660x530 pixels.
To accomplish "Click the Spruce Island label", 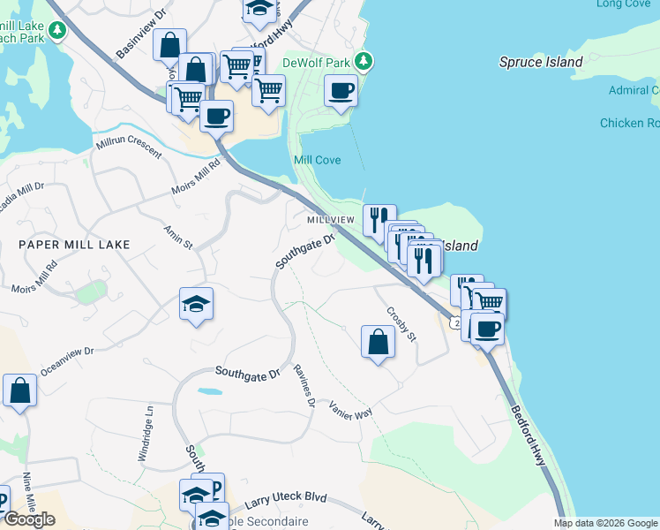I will click(x=541, y=62).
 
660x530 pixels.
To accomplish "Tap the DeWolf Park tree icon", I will click(x=363, y=61).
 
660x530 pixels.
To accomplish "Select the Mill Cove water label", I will click(x=317, y=160).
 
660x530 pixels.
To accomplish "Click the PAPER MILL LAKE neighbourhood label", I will click(x=75, y=244).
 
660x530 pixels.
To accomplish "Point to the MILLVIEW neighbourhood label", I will click(x=330, y=219).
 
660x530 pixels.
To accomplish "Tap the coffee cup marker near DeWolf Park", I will click(x=341, y=90).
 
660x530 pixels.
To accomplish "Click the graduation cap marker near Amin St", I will click(x=197, y=305).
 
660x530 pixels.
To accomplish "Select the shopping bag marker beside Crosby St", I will click(x=378, y=341).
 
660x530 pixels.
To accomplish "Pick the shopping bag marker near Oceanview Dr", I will click(x=19, y=390).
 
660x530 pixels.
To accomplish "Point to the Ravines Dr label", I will click(x=304, y=386).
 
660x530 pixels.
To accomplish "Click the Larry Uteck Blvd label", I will click(x=281, y=501).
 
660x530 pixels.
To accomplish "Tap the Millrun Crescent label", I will click(x=129, y=147).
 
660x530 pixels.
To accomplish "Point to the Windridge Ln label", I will click(x=148, y=435).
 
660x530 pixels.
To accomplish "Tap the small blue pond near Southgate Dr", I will click(x=210, y=390).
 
